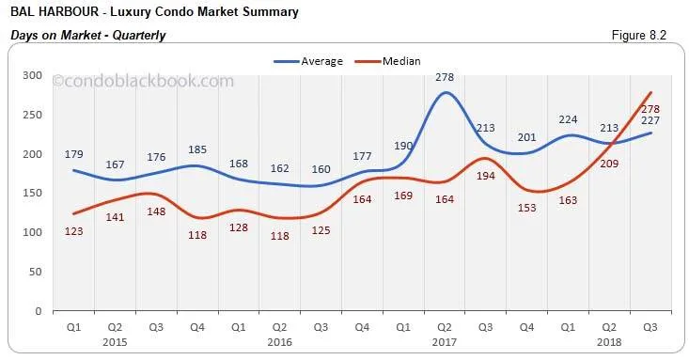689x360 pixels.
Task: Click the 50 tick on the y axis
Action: (33, 271)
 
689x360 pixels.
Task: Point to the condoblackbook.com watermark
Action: (143, 82)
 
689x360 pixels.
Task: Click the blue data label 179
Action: (75, 154)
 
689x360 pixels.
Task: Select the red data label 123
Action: (75, 231)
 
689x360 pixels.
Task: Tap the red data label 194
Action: (485, 203)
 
